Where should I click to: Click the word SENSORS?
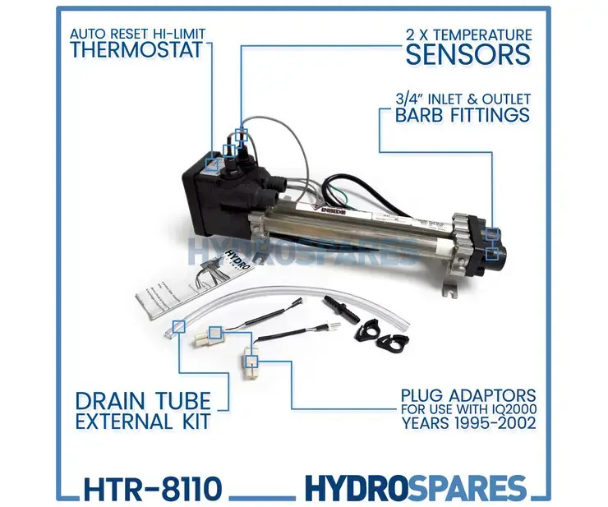(469, 54)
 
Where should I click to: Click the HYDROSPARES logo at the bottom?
(415, 488)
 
